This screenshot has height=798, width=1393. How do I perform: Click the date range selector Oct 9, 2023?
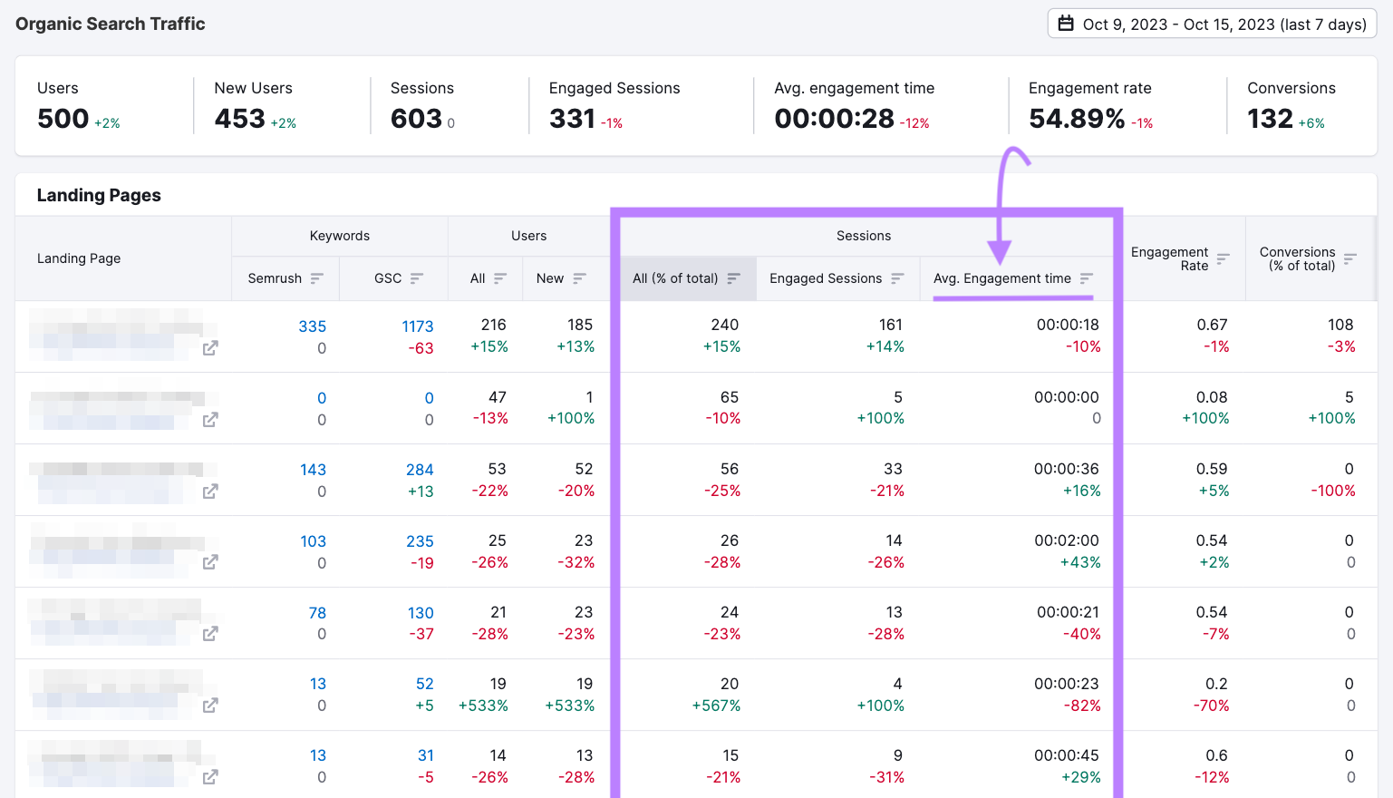(1212, 24)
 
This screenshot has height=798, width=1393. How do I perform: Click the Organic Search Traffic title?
(111, 24)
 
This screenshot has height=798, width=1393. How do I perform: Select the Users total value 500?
(63, 119)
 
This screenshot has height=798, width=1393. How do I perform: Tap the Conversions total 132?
(1270, 119)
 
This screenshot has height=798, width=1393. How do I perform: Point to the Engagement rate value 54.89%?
(1077, 119)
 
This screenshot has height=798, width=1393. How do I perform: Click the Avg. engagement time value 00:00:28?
(834, 119)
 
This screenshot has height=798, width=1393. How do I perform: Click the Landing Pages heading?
(99, 195)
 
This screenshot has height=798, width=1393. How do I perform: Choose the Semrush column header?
(275, 278)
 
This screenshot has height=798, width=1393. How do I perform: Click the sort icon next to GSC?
(417, 278)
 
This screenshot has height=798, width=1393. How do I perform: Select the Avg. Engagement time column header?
(1001, 278)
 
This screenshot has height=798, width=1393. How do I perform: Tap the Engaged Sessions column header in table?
(825, 278)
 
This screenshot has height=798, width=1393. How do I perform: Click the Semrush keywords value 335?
(312, 326)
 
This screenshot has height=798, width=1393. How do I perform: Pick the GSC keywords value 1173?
(417, 326)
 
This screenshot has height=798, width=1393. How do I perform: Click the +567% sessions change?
(716, 706)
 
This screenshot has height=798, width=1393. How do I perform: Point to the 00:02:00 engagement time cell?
(1066, 540)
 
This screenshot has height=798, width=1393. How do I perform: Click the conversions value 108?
(1340, 325)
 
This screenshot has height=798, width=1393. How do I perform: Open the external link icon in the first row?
(210, 348)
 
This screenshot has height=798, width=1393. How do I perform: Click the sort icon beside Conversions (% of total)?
(1349, 258)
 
